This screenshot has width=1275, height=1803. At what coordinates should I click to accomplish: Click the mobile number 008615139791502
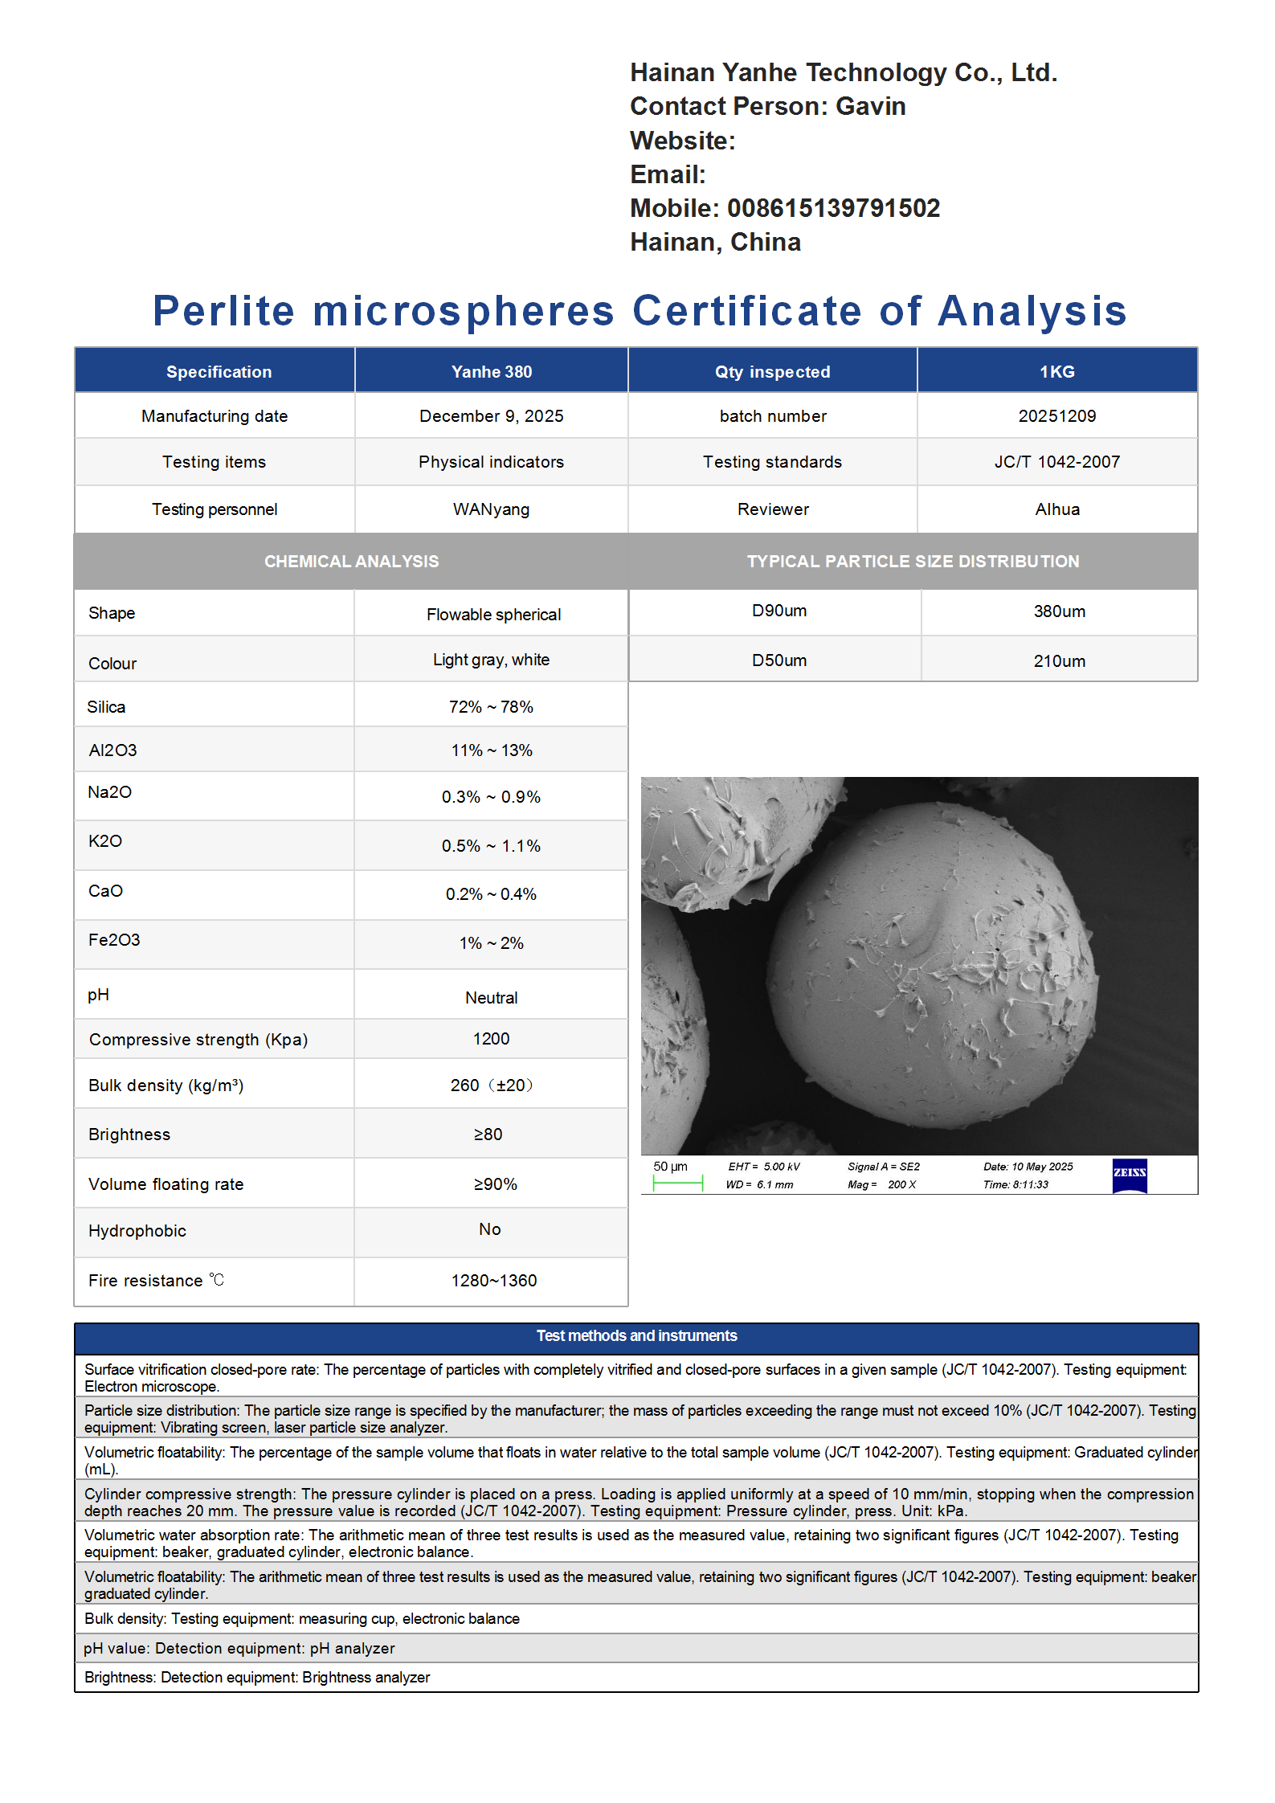(x=833, y=208)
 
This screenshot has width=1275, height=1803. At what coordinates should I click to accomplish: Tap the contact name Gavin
(x=870, y=106)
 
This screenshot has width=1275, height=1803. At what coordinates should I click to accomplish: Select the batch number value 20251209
(x=1056, y=416)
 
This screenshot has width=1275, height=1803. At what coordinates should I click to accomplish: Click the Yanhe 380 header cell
(x=491, y=372)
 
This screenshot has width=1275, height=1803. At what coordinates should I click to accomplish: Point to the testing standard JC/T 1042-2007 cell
(x=1056, y=462)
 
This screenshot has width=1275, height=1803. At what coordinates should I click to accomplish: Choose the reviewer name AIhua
(x=1056, y=509)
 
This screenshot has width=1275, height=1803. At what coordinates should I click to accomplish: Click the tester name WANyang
(x=491, y=509)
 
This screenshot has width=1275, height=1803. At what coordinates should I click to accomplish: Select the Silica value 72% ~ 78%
(x=491, y=707)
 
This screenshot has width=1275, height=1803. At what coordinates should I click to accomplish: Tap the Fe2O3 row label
(x=114, y=940)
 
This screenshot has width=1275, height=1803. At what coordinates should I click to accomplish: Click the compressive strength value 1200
(x=491, y=1039)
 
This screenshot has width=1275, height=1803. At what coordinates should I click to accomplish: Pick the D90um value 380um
(x=1059, y=611)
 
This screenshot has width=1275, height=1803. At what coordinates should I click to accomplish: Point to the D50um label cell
(x=778, y=660)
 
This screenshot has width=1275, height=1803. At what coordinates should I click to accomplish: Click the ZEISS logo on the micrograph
(x=1129, y=1175)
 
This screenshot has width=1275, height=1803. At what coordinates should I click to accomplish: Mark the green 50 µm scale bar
(x=677, y=1183)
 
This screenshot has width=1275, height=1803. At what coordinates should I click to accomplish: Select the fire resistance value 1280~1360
(x=493, y=1281)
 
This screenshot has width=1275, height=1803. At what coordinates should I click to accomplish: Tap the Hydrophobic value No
(x=489, y=1229)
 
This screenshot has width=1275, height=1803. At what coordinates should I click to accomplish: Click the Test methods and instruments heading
(x=636, y=1335)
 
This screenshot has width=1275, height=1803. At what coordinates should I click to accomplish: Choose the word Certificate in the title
(x=746, y=311)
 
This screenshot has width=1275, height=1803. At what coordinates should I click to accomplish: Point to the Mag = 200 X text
(x=881, y=1184)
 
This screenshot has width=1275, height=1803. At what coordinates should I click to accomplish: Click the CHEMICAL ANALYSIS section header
(x=351, y=562)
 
